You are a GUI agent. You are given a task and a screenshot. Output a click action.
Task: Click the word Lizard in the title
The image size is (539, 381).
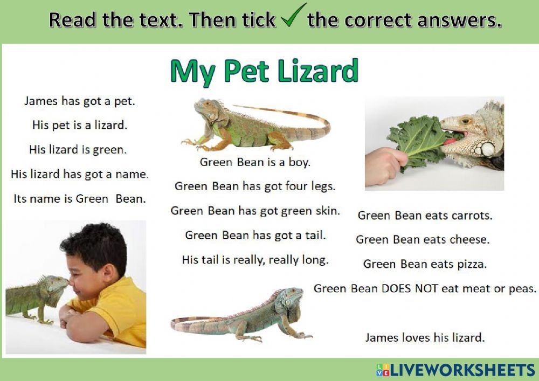pos(317,71)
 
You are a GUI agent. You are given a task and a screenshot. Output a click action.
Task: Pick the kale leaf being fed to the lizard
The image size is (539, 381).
pos(421,143)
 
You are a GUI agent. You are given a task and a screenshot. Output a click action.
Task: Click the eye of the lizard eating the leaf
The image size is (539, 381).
pos(466,121)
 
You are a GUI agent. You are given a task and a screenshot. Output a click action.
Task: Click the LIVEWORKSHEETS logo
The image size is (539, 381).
pos(455,370)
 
